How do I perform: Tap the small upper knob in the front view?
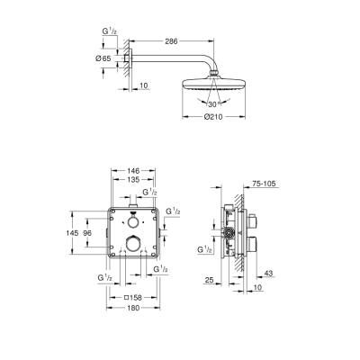click(133, 220)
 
